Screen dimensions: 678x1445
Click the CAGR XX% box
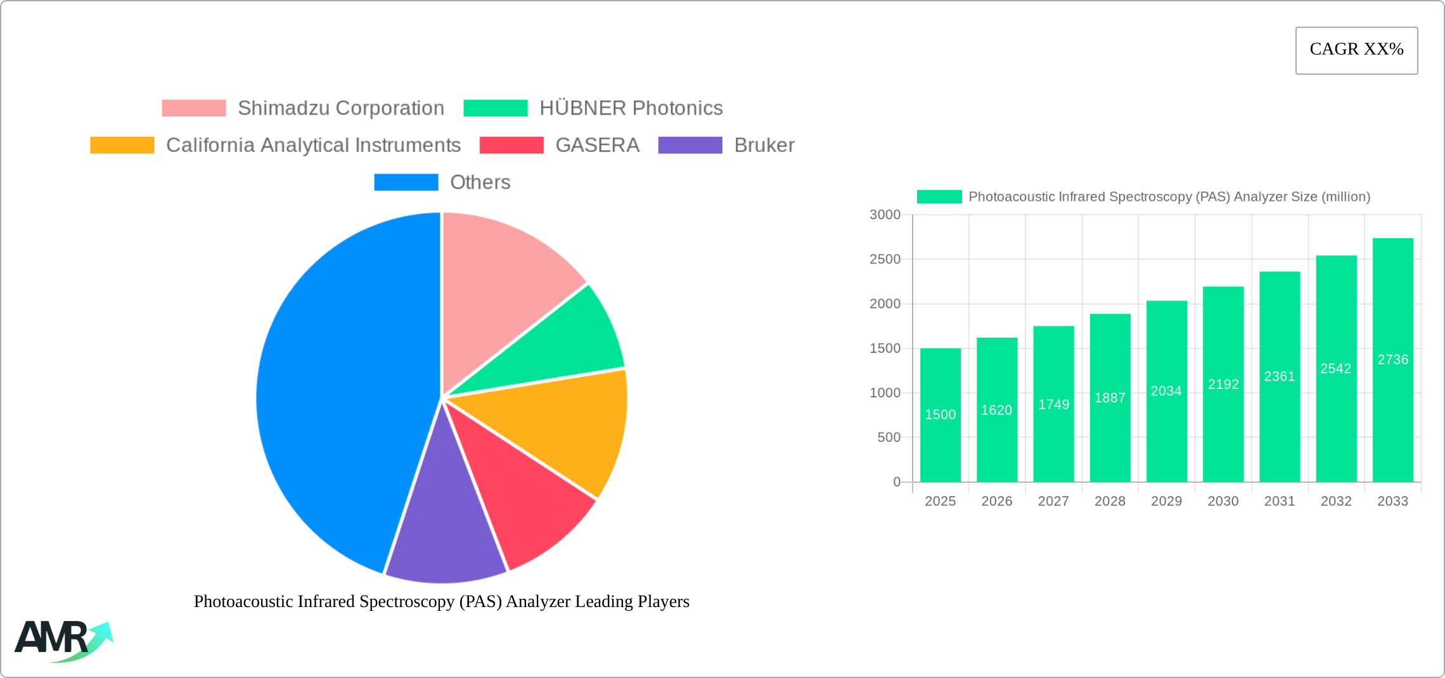(1356, 50)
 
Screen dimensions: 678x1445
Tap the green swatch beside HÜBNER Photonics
(495, 108)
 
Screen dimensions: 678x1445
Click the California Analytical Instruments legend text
(313, 145)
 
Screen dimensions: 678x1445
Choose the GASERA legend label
(597, 145)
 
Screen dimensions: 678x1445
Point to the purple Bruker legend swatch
(690, 145)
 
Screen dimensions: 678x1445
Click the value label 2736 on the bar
(1392, 360)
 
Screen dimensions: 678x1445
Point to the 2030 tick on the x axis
(1223, 501)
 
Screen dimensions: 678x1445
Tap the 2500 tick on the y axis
(885, 259)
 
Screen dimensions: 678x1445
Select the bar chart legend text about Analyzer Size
(1169, 197)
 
